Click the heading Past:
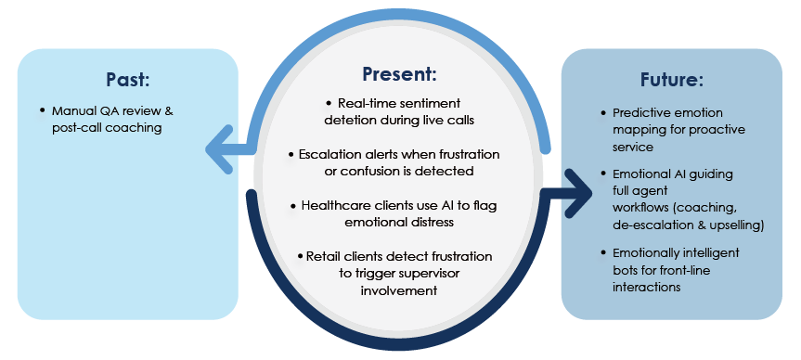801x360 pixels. pos(128,80)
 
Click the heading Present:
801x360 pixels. pos(399,74)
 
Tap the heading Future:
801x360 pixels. pos(672,80)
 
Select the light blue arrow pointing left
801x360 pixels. pos(230,149)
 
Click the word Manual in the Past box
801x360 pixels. pos(69,110)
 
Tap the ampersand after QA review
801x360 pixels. pos(170,110)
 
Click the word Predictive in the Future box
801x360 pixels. pos(638,113)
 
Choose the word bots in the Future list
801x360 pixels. pos(625,270)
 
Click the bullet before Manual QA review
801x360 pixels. pos(43,110)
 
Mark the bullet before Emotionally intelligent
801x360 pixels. pos(604,252)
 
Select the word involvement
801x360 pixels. pos(399,290)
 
